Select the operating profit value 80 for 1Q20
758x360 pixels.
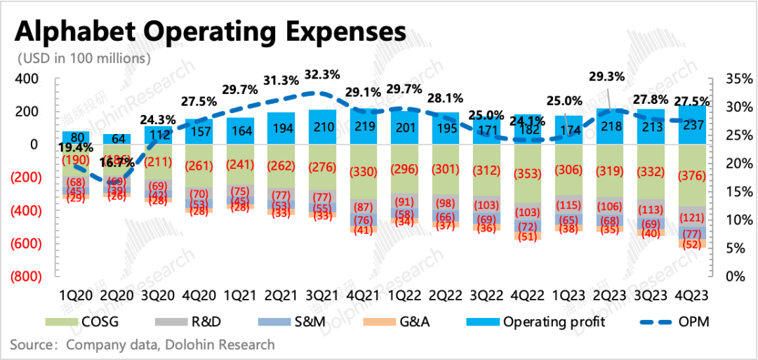(x=76, y=137)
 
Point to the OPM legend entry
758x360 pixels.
(x=688, y=322)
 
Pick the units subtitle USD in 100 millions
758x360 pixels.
(x=84, y=58)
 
